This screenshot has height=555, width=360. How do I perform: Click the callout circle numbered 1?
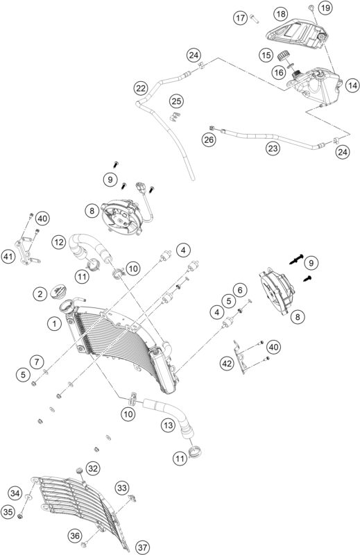pyautogui.click(x=53, y=323)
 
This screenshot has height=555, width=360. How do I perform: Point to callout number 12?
pyautogui.click(x=58, y=242)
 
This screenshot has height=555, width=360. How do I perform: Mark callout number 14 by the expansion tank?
pyautogui.click(x=352, y=85)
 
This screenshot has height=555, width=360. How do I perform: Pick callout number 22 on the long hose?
pyautogui.click(x=141, y=88)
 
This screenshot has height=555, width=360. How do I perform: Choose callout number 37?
pyautogui.click(x=142, y=547)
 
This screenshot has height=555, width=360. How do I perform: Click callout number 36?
pyautogui.click(x=75, y=535)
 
